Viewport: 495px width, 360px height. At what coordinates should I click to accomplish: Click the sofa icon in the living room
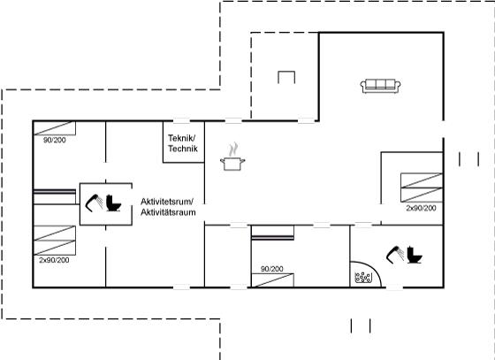click(x=380, y=86)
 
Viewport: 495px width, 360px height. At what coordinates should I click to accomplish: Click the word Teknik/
click(x=181, y=138)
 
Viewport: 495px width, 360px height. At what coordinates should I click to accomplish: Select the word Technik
click(x=183, y=149)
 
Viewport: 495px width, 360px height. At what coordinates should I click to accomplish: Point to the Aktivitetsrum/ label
click(x=167, y=202)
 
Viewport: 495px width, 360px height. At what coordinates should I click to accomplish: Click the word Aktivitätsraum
click(x=168, y=212)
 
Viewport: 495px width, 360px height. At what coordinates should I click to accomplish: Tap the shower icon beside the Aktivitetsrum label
click(x=94, y=203)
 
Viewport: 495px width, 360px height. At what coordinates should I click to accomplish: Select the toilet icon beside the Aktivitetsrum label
click(x=114, y=203)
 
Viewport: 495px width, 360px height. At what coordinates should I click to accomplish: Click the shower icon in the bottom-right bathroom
click(x=395, y=255)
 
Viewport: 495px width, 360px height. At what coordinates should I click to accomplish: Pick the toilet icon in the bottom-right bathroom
click(x=415, y=255)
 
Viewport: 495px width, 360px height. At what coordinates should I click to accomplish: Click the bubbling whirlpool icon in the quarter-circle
click(x=363, y=277)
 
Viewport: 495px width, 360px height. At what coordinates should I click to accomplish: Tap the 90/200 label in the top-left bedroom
click(x=55, y=140)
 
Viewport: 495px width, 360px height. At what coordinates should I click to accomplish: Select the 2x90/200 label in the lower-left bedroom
click(x=54, y=260)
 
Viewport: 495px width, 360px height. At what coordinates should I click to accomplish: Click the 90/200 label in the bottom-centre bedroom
click(x=272, y=269)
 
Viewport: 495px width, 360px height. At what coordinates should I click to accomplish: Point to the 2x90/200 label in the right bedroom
click(x=421, y=208)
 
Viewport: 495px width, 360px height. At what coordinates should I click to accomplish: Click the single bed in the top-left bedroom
click(x=55, y=128)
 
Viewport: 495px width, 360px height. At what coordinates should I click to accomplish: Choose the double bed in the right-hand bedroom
click(x=422, y=188)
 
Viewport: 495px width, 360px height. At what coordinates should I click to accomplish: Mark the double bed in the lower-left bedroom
click(x=55, y=241)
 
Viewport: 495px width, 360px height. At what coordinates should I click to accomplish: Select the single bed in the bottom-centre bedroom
click(x=272, y=280)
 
